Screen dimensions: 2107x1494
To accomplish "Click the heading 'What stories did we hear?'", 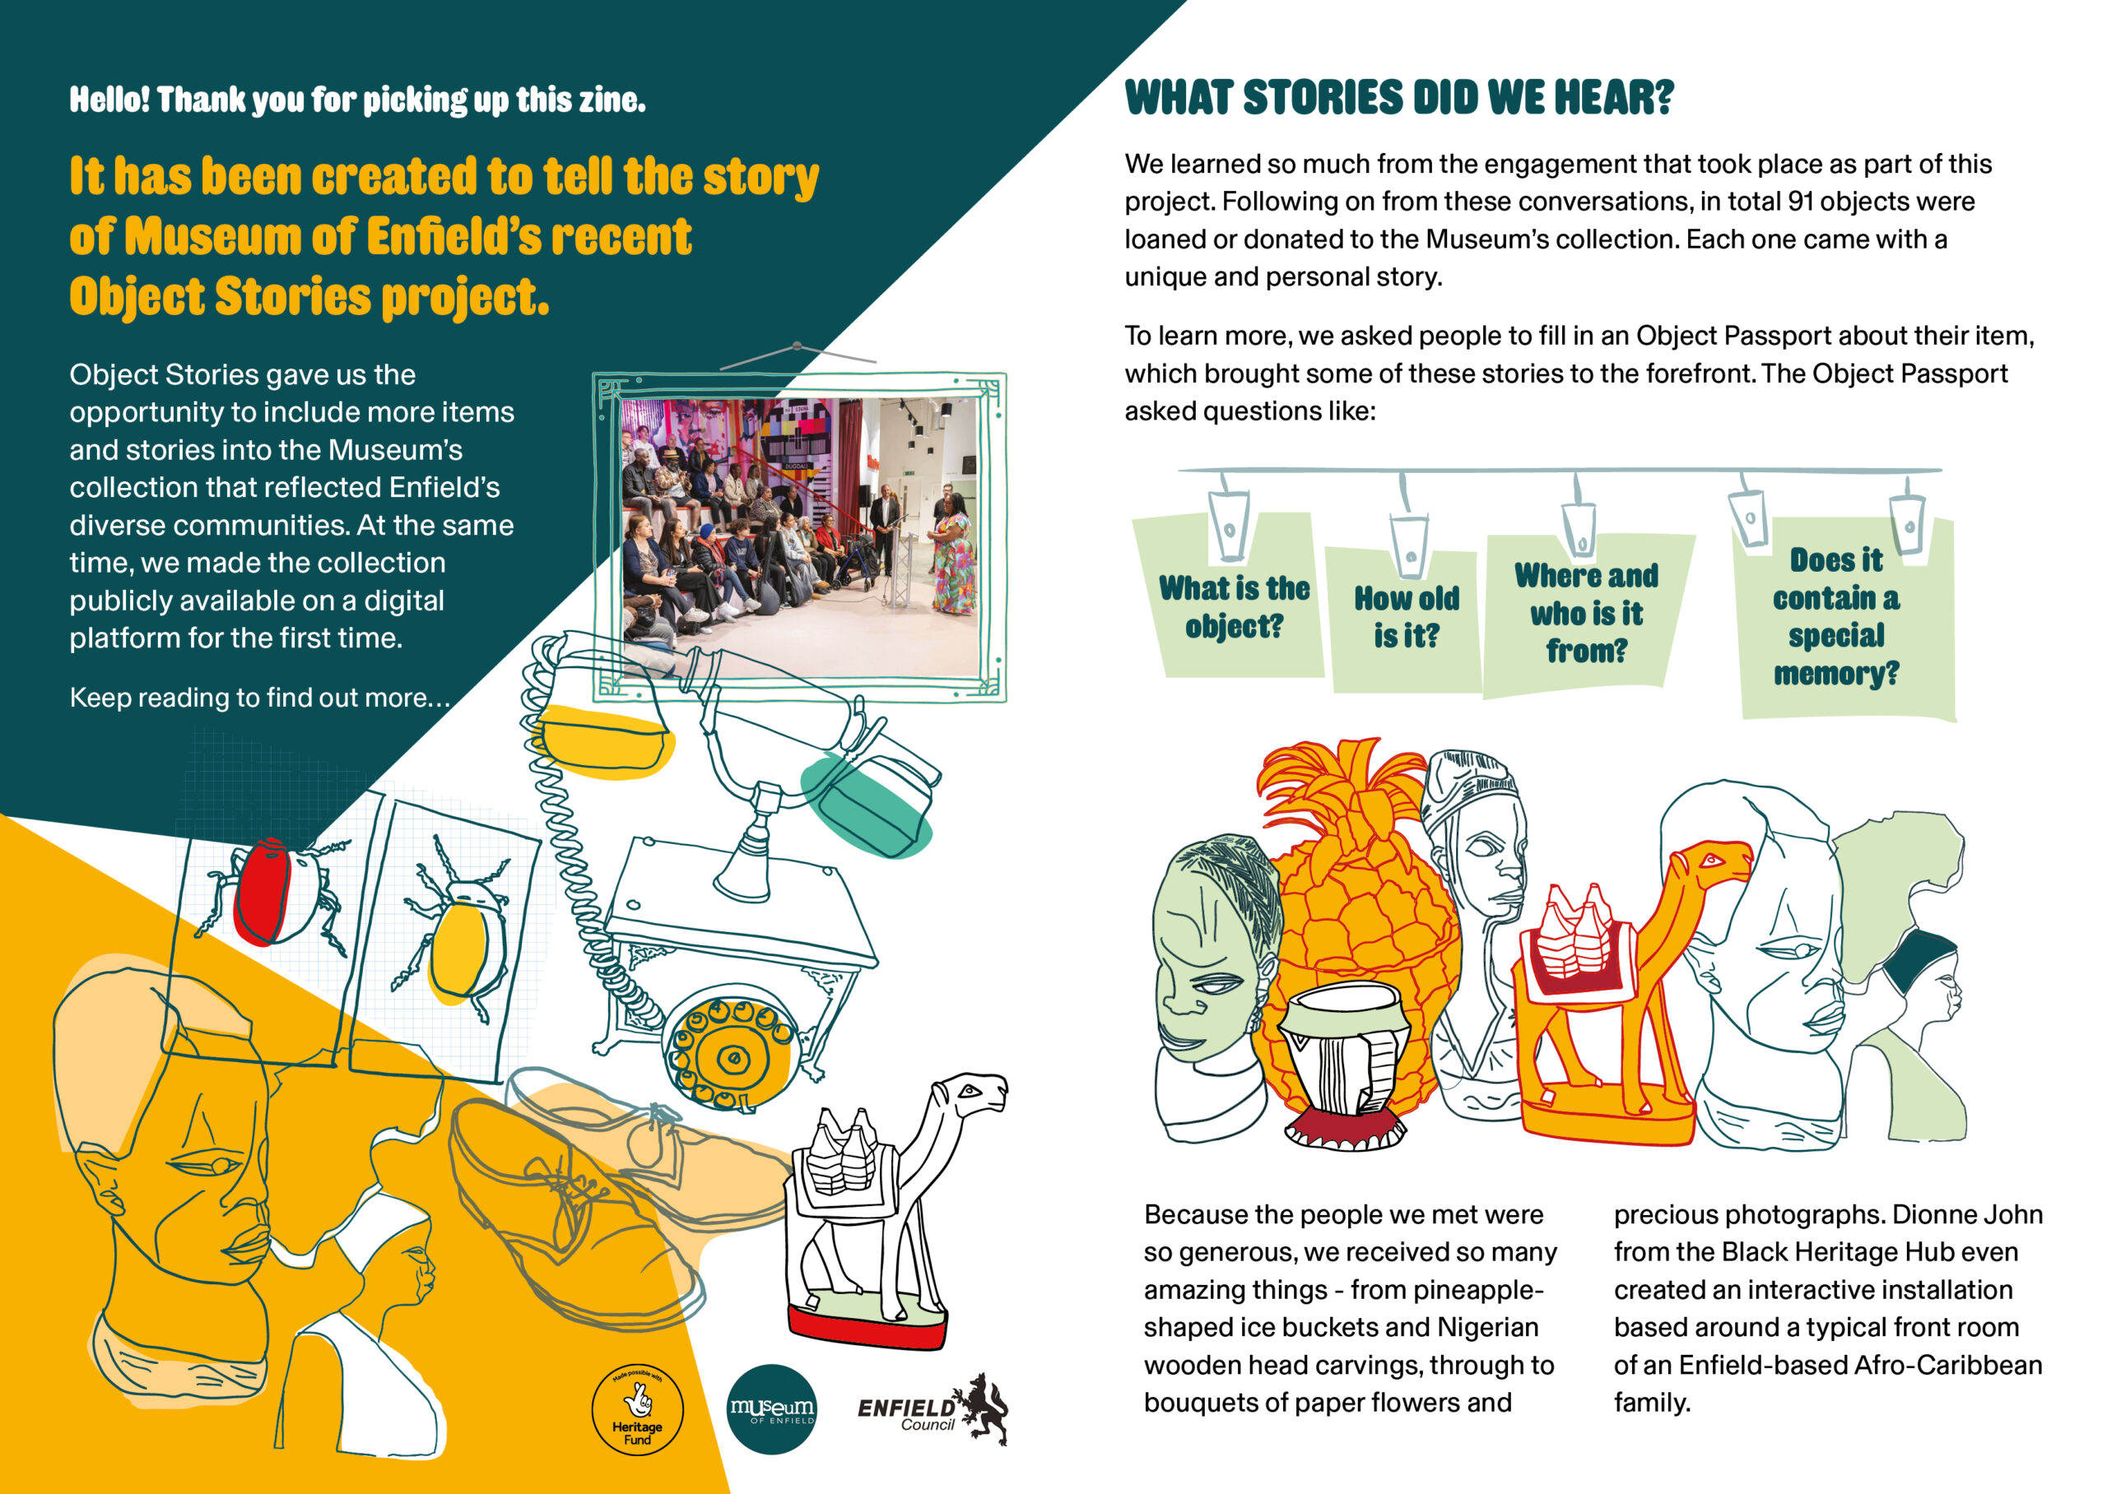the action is (1398, 99).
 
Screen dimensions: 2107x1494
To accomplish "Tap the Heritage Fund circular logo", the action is (637, 1408).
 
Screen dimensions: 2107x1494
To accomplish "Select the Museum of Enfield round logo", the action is (771, 1408).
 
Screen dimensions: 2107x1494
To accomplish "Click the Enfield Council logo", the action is (932, 1410).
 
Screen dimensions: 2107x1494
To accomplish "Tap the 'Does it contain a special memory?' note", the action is (1837, 616).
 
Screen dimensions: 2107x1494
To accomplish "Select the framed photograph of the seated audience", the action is (798, 536).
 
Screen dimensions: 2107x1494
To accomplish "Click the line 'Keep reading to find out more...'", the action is (259, 698).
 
